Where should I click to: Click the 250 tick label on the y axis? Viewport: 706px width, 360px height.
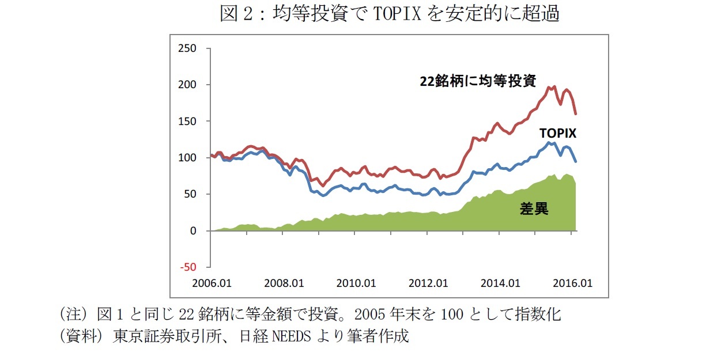click(x=188, y=48)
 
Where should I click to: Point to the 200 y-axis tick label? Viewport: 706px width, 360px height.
click(x=188, y=85)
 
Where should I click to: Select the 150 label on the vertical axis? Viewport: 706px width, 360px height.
click(x=188, y=122)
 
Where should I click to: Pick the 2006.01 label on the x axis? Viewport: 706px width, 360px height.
click(x=212, y=283)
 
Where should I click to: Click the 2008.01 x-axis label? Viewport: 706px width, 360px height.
click(x=284, y=283)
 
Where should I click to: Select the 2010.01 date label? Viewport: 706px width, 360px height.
click(x=356, y=283)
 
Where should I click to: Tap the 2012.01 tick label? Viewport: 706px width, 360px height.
click(x=428, y=283)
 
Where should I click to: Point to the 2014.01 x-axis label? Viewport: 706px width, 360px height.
click(x=500, y=283)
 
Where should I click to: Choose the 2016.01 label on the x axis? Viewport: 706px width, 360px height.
click(x=572, y=283)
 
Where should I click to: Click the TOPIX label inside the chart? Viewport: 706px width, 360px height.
click(x=558, y=133)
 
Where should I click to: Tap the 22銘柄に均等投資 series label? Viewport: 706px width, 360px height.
click(x=478, y=81)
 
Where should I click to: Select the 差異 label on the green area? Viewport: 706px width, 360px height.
click(x=534, y=209)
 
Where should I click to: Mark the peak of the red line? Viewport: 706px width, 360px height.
click(x=554, y=87)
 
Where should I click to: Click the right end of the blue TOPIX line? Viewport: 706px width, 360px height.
click(x=576, y=161)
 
